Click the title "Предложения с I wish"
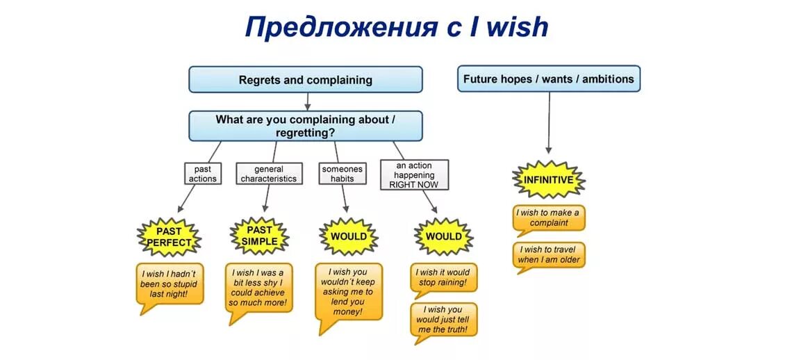coord(396,28)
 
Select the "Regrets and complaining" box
coord(306,80)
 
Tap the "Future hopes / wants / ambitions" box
coord(549,79)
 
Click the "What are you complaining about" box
coord(306,126)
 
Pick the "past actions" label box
coord(202,173)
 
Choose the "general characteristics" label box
coord(269,173)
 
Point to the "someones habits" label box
coord(342,173)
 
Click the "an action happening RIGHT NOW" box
coord(414,174)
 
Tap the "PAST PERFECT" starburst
coord(169,237)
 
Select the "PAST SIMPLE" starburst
coord(259,236)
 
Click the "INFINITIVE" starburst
coord(548,180)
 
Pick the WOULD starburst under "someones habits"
coord(348,236)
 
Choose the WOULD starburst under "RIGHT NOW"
coord(443,236)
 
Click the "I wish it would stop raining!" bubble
coord(443,278)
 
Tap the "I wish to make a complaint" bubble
coord(549,218)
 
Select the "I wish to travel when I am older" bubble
coord(549,255)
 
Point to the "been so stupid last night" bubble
coord(170,284)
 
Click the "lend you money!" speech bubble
coord(348,292)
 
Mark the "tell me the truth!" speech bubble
coord(444,320)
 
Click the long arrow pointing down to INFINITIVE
coord(549,122)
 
